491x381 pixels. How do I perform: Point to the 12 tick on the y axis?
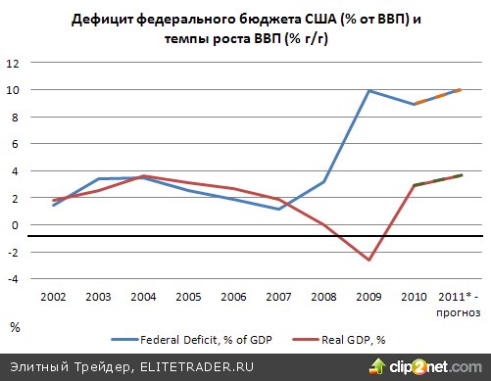coord(14,63)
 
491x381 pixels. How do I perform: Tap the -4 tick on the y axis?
coord(13,278)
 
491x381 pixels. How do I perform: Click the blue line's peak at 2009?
coord(368,91)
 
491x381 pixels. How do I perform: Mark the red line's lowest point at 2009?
coord(368,260)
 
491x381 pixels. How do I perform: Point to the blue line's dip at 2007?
coord(279,209)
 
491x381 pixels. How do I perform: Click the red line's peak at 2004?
coord(144,176)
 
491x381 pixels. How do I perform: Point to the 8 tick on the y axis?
coord(14,117)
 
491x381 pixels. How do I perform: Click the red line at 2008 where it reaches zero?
coord(323,224)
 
